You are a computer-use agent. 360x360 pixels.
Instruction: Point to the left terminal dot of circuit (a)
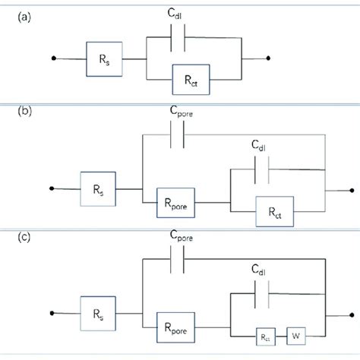tap(52, 58)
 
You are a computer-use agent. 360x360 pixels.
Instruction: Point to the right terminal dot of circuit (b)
tap(350, 191)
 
